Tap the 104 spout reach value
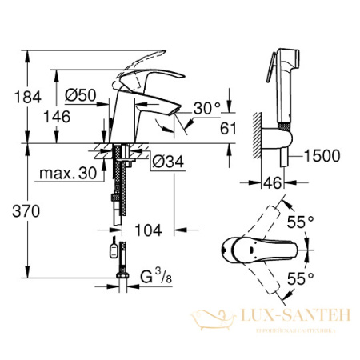148,230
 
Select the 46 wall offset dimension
274,182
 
